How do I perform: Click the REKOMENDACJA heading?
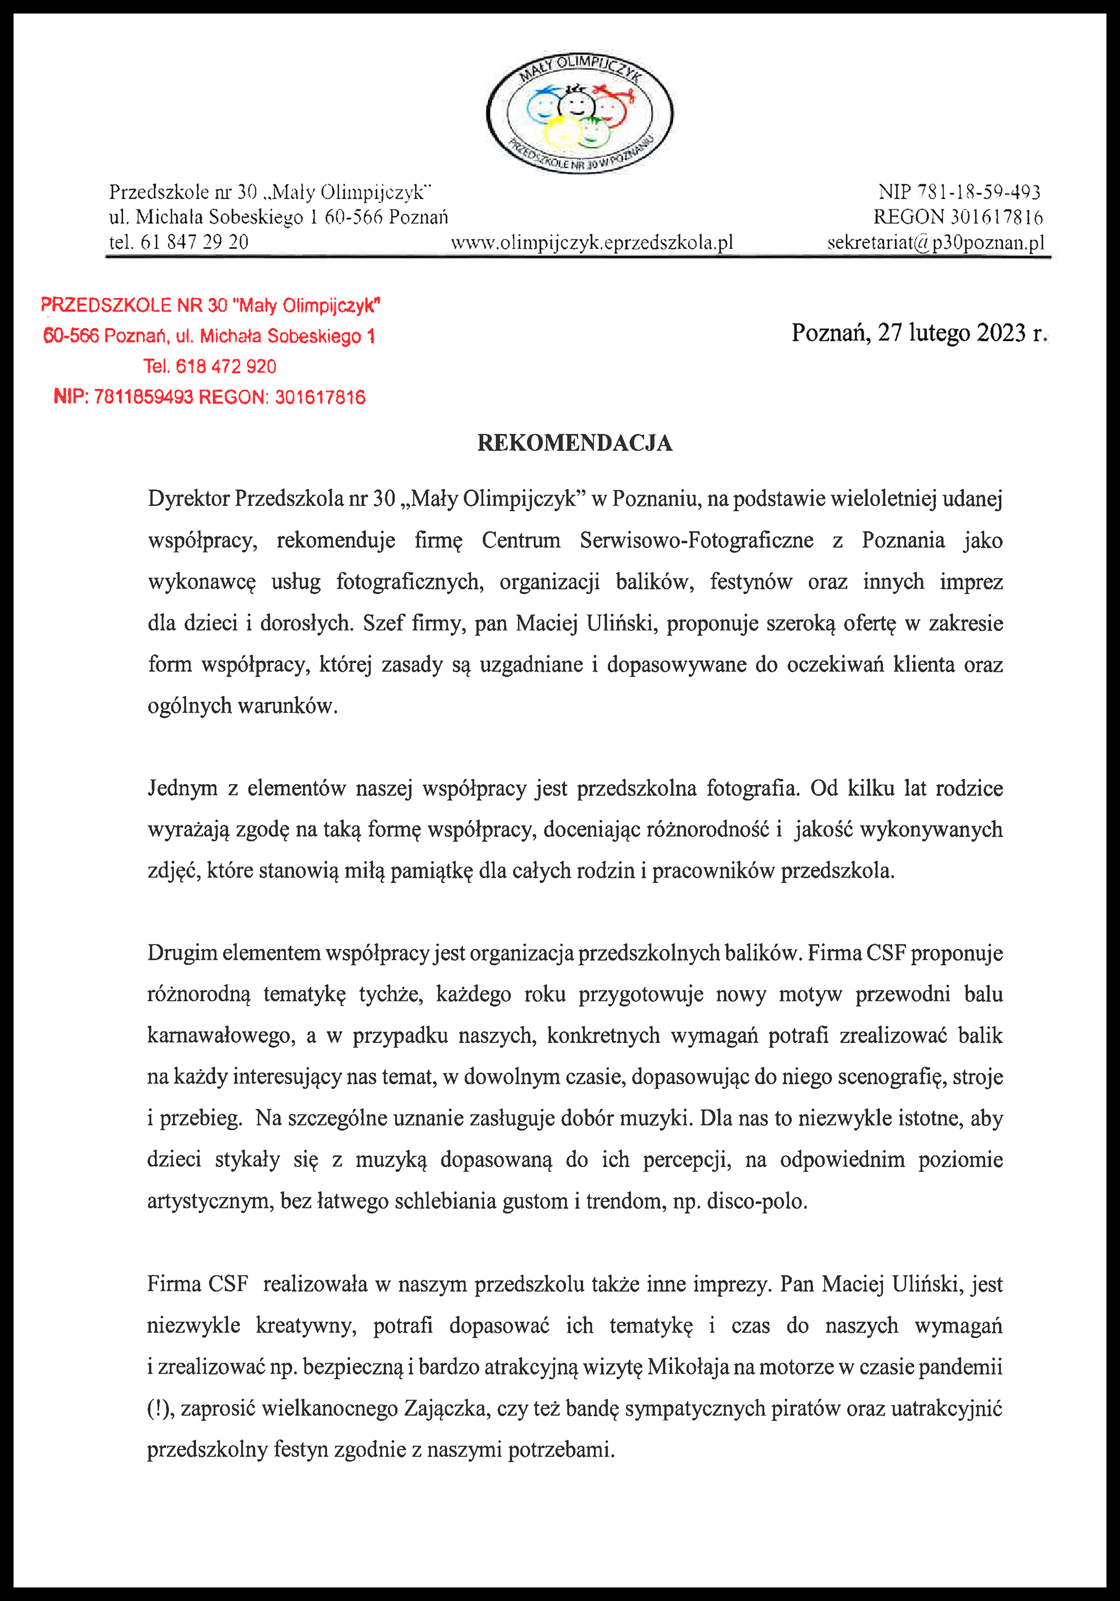click(575, 443)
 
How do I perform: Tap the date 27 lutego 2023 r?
click(918, 333)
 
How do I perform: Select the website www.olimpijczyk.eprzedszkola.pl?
click(592, 243)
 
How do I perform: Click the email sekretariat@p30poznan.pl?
click(936, 243)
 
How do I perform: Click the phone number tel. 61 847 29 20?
click(179, 242)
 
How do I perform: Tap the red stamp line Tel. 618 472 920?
click(210, 367)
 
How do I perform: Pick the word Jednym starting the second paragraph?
click(183, 788)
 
